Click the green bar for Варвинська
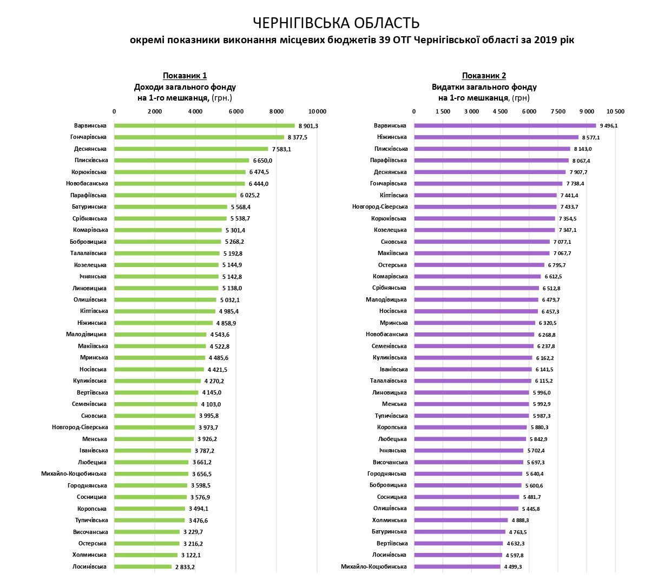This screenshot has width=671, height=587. click(x=205, y=126)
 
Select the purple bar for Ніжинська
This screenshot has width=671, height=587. click(x=496, y=137)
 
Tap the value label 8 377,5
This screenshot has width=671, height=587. click(x=298, y=138)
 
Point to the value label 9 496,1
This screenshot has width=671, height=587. click(x=609, y=126)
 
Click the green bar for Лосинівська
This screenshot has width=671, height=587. click(x=143, y=567)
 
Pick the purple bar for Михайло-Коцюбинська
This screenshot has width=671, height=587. click(x=457, y=567)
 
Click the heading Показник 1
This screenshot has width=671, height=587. click(x=185, y=76)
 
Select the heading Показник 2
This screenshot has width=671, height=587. click(x=484, y=76)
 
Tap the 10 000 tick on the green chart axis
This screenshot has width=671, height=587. click(x=317, y=112)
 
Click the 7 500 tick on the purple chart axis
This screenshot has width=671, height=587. click(x=558, y=112)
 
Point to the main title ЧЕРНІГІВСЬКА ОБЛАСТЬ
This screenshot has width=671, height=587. click(x=335, y=23)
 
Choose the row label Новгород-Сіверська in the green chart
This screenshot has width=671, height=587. click(x=80, y=428)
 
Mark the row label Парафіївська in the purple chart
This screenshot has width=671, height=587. click(x=389, y=161)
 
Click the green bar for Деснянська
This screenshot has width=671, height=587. click(x=191, y=149)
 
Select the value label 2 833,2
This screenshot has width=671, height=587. click(x=185, y=567)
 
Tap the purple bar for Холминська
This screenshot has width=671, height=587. click(x=461, y=521)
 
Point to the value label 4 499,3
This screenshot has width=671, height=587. click(x=516, y=567)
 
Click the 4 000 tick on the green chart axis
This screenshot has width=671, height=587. click(x=195, y=112)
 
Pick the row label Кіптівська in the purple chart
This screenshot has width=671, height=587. click(x=394, y=195)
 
